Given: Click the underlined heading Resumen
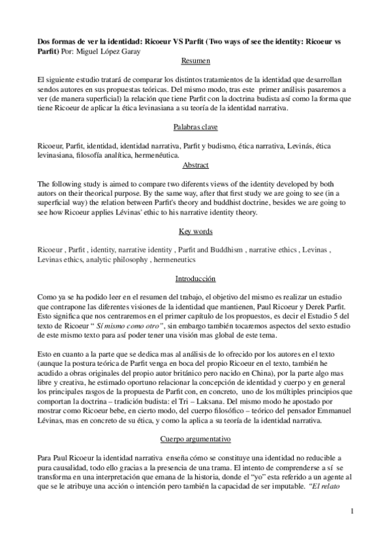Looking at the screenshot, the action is [x=195, y=61].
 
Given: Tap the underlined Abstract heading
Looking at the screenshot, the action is [x=195, y=166].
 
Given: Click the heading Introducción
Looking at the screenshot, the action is [x=195, y=279].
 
